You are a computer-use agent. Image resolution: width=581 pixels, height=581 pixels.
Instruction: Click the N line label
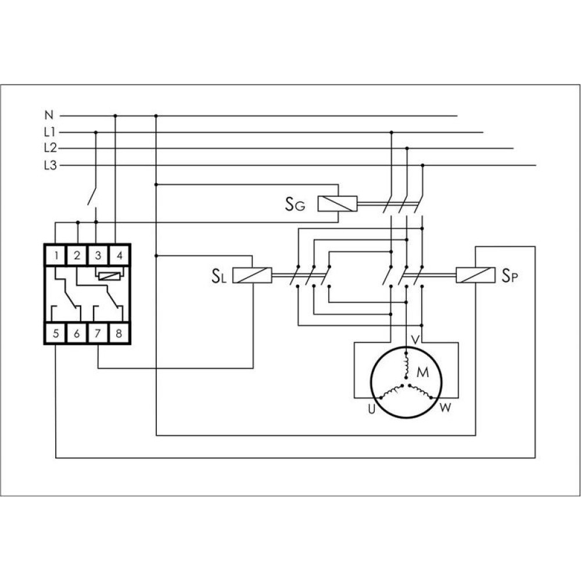pyautogui.click(x=49, y=115)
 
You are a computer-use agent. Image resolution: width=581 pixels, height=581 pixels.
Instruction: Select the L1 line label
pyautogui.click(x=49, y=132)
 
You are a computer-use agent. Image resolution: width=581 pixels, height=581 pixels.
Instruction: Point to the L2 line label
pyautogui.click(x=50, y=148)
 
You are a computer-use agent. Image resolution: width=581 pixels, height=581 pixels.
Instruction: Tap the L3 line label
pyautogui.click(x=50, y=165)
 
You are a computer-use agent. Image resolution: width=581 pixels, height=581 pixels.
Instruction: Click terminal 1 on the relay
pyautogui.click(x=56, y=255)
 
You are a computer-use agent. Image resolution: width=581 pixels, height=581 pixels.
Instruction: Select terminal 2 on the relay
pyautogui.click(x=77, y=255)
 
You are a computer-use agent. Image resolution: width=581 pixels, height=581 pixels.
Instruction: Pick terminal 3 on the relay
pyautogui.click(x=98, y=255)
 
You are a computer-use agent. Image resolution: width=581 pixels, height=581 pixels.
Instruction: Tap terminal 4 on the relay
pyautogui.click(x=119, y=255)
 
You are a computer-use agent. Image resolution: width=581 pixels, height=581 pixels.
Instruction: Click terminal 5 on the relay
pyautogui.click(x=56, y=333)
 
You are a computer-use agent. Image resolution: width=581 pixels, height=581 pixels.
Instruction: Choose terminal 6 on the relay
pyautogui.click(x=77, y=333)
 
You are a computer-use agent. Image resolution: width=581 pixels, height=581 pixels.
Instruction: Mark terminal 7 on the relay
pyautogui.click(x=98, y=333)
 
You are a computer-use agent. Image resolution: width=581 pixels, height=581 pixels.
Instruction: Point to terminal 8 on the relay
pyautogui.click(x=119, y=333)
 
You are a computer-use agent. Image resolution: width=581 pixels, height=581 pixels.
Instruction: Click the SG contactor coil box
pyautogui.click(x=338, y=204)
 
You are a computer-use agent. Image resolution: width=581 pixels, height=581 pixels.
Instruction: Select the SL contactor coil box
pyautogui.click(x=252, y=275)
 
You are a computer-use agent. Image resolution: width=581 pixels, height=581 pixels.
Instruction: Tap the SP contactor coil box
pyautogui.click(x=476, y=275)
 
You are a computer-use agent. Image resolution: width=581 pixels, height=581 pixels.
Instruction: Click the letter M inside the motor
pyautogui.click(x=423, y=372)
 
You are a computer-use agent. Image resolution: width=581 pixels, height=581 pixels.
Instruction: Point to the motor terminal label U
pyautogui.click(x=372, y=410)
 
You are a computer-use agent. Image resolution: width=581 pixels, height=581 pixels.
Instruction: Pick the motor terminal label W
pyautogui.click(x=446, y=408)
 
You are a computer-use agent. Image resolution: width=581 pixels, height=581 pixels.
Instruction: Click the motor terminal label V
pyautogui.click(x=416, y=340)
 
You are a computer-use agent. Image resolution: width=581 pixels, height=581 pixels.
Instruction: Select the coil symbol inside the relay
pyautogui.click(x=109, y=275)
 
